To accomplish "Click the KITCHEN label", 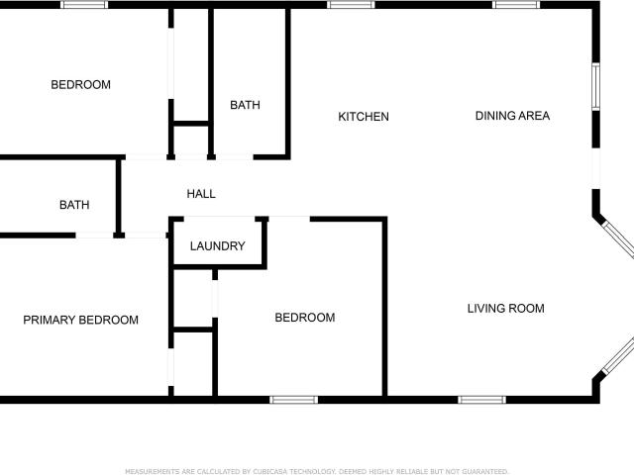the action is coord(364,117).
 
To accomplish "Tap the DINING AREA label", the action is coord(512,116).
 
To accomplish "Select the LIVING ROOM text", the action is coord(506,309).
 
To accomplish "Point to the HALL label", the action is coord(201,194).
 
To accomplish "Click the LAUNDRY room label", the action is coord(218,246).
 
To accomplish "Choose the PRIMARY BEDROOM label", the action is coord(80,320).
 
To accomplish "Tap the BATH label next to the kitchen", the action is coord(245,105).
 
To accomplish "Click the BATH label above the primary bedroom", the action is coord(74,205).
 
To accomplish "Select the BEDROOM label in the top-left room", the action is coord(80,85).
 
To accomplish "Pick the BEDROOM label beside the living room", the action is coord(305,318).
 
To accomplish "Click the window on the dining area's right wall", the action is coord(595,86).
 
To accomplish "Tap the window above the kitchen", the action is coord(351,5).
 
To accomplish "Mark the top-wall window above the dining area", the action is coord(516,5).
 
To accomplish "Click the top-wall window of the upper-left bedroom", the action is coord(84,5).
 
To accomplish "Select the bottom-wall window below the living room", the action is coord(482,400).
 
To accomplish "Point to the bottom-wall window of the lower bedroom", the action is coord(294,400).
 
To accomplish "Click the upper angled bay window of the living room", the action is coord(618,239).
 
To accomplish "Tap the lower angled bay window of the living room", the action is coord(618,355).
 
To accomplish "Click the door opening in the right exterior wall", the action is coord(595,168).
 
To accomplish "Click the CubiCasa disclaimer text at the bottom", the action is coord(317,471).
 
